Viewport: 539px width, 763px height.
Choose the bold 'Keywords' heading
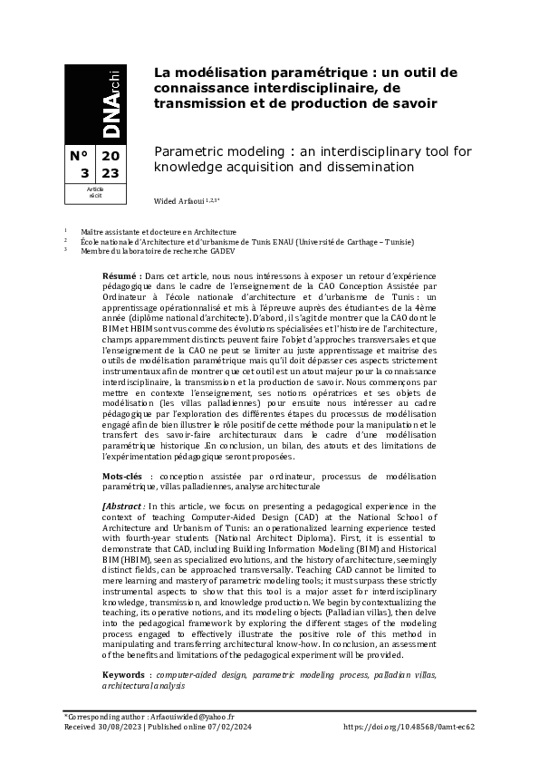tap(124, 650)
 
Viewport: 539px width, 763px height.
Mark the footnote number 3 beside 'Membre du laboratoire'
tap(66, 251)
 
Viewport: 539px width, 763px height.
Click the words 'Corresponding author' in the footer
tap(103, 716)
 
